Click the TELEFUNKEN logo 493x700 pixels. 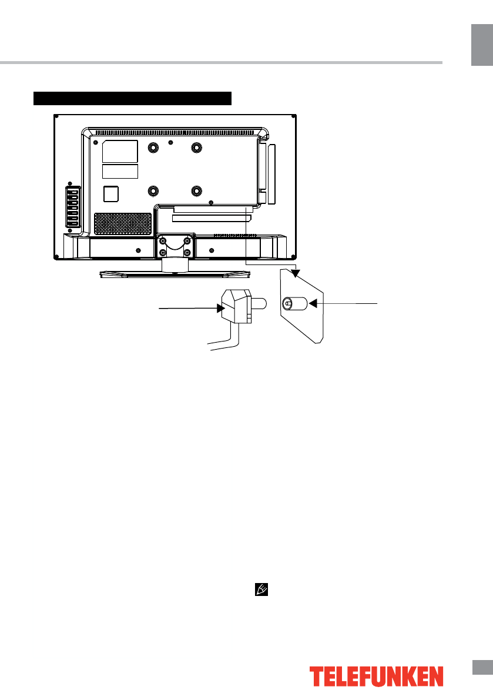click(x=376, y=676)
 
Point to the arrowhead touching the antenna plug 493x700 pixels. click(x=220, y=307)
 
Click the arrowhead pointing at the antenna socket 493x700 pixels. click(x=313, y=303)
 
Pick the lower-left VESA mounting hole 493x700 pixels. click(x=152, y=192)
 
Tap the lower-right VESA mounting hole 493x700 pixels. click(x=196, y=192)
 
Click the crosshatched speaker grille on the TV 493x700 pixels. click(x=122, y=223)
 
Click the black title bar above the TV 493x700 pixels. click(x=133, y=98)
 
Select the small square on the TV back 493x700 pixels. click(x=110, y=193)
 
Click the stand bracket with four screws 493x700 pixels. click(x=175, y=246)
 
